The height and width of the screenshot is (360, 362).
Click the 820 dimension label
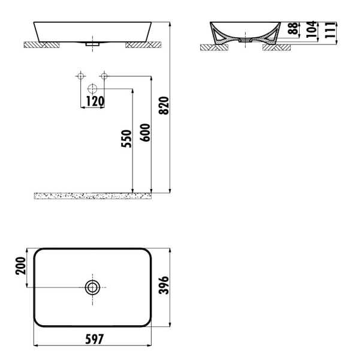[x=165, y=106]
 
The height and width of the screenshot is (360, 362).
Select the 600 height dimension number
[x=145, y=133]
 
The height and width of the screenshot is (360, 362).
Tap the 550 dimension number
[x=126, y=139]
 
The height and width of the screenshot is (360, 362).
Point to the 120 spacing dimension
[x=95, y=101]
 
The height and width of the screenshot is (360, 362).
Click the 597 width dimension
[x=95, y=339]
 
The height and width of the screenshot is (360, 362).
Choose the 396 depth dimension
[x=164, y=285]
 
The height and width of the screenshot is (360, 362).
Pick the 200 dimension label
[x=21, y=266]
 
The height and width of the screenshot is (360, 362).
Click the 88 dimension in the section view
[x=294, y=28]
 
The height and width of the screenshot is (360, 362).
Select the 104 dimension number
[x=312, y=29]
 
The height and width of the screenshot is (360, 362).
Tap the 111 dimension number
[x=330, y=30]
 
